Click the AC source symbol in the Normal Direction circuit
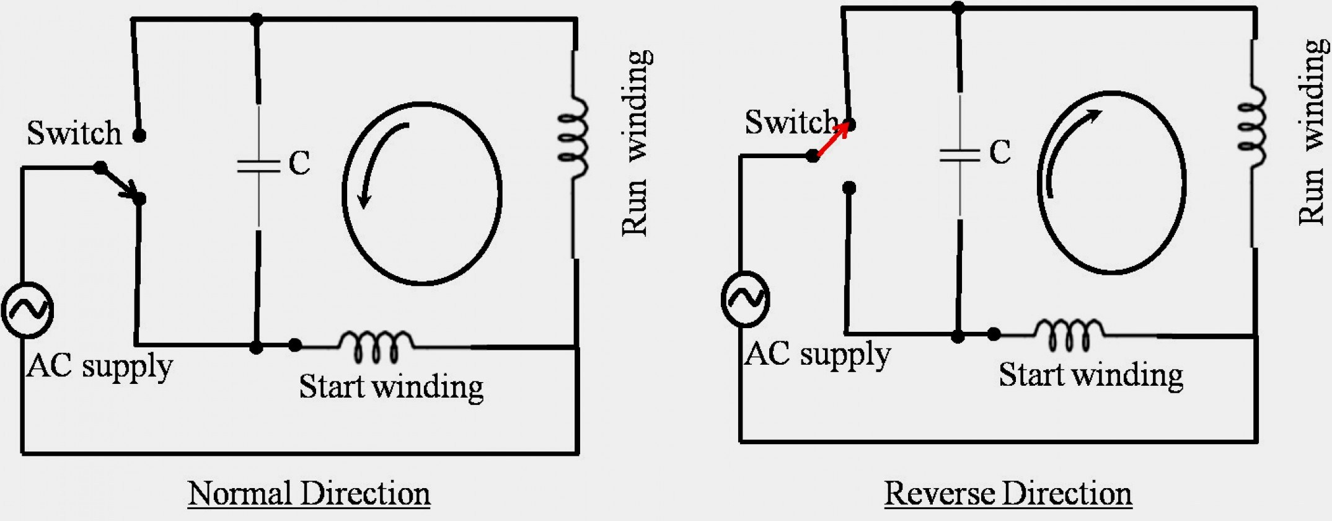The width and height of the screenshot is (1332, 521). point(27,310)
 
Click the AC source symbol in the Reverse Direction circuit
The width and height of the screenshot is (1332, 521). point(746,299)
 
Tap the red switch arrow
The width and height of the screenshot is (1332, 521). point(833,140)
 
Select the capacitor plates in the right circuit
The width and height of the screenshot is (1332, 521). point(959,154)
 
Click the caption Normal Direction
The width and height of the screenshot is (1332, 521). point(309,494)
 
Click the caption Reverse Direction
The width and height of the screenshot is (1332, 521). point(1008,494)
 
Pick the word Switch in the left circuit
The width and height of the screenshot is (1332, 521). point(74,133)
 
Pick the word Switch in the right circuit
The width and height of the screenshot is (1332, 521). point(792,122)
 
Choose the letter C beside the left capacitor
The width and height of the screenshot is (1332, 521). point(299,163)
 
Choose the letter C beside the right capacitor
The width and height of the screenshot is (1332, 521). point(1000,152)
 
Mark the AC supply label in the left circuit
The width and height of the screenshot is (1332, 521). point(99,366)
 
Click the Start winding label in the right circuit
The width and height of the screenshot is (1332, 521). point(1091,375)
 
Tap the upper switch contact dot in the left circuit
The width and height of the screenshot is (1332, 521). point(139,135)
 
